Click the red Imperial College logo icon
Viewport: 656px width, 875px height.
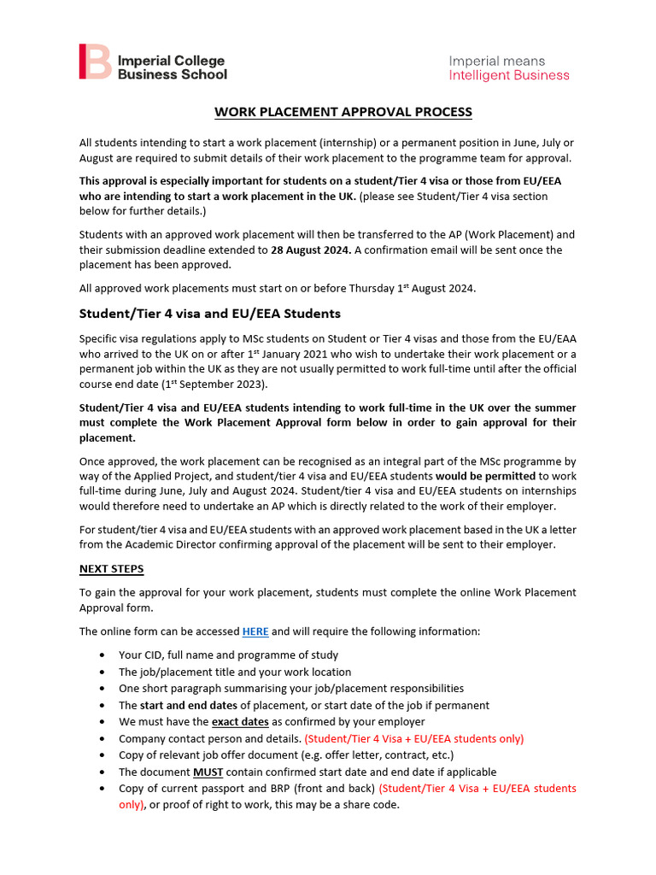[95, 62]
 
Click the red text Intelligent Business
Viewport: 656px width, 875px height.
[509, 75]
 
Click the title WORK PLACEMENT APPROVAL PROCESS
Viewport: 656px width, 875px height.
[343, 112]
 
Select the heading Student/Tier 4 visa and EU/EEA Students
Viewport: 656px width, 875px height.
[210, 313]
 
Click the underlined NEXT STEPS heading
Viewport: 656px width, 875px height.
[112, 569]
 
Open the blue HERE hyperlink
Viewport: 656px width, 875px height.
[255, 631]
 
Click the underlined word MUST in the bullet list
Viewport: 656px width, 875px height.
[208, 772]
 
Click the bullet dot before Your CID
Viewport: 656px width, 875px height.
[102, 655]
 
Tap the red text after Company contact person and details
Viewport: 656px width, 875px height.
[414, 738]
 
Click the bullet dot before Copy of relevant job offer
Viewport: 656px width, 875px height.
[102, 755]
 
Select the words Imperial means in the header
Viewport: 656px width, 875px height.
[497, 61]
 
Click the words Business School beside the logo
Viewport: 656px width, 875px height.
[173, 74]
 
